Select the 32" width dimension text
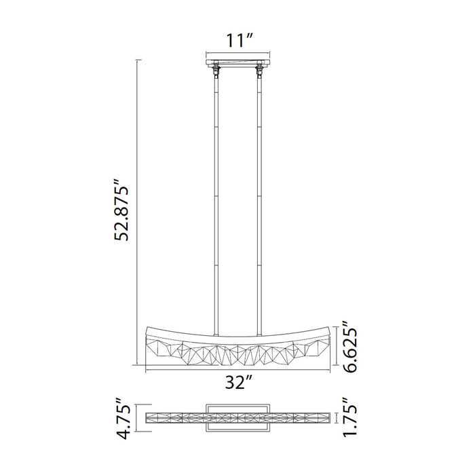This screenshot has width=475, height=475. pyautogui.click(x=237, y=383)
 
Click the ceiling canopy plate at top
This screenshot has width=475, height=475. pyautogui.click(x=237, y=62)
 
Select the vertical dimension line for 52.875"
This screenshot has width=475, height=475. pyautogui.click(x=139, y=204)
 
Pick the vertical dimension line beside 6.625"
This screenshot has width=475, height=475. pyautogui.click(x=336, y=348)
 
